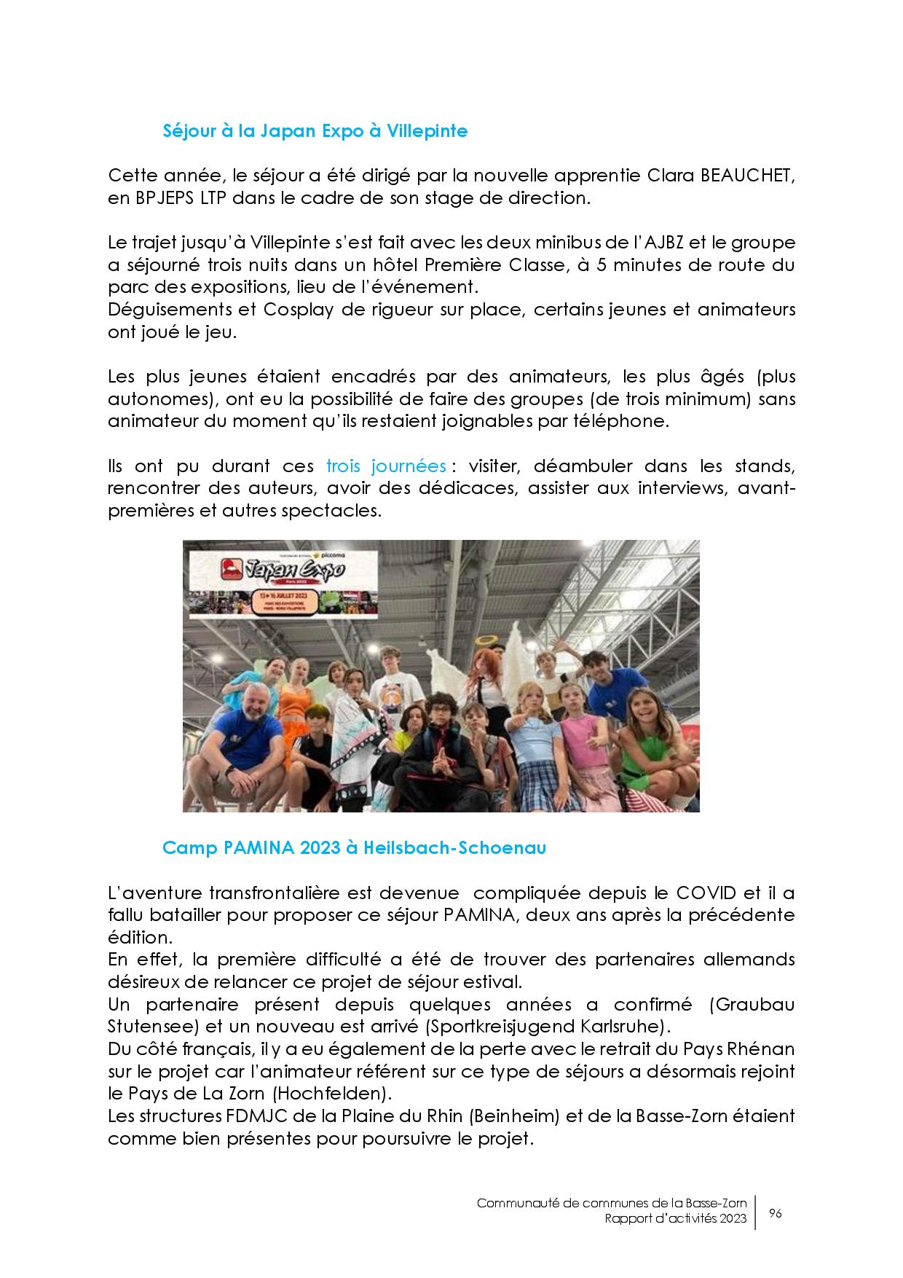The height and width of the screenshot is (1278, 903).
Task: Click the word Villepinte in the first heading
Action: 427,131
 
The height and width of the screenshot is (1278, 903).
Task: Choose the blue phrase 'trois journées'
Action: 386,466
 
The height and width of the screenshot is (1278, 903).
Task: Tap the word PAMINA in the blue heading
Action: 247,848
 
